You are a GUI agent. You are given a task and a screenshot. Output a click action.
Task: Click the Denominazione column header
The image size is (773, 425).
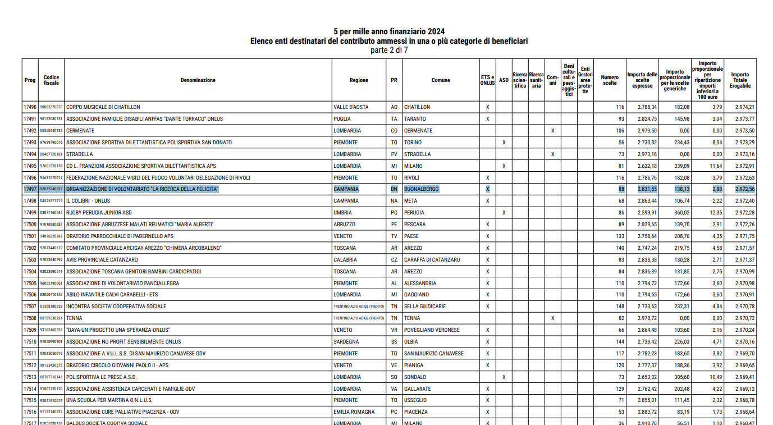coord(198,80)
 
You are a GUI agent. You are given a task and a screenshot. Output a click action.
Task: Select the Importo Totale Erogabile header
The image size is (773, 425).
coord(740,80)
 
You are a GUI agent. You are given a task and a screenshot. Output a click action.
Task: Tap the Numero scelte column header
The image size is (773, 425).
coord(610,80)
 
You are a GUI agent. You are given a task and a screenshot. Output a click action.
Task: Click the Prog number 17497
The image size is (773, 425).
coord(30,189)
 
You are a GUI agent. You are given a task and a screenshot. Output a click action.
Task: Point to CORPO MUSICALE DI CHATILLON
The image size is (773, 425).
coord(103,107)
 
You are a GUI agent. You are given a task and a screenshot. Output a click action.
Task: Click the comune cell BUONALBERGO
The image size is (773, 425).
coord(422,189)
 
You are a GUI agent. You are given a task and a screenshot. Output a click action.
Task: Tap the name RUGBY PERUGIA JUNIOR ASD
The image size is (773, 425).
coord(99,213)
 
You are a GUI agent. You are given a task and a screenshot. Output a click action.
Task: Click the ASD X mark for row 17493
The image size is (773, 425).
coord(504,143)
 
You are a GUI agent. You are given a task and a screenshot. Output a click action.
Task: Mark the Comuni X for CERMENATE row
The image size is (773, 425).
coord(553,131)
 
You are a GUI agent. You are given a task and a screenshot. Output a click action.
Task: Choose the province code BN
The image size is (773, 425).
coord(394,189)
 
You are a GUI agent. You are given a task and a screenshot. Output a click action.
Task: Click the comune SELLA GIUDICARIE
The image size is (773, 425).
coord(425,307)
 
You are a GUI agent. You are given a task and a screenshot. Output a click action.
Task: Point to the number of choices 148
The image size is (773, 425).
coord(620,307)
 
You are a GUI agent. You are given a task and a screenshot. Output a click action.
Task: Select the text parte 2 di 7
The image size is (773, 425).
coord(389,50)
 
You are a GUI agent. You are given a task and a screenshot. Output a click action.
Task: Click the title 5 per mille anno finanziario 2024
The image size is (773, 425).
coord(389,31)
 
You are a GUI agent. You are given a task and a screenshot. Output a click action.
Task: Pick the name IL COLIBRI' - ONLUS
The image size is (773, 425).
coord(88,201)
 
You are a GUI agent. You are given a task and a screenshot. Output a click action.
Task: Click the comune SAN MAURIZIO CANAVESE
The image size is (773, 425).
coord(434,354)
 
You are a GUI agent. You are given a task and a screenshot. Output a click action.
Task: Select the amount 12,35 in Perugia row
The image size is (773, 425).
coord(716,213)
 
